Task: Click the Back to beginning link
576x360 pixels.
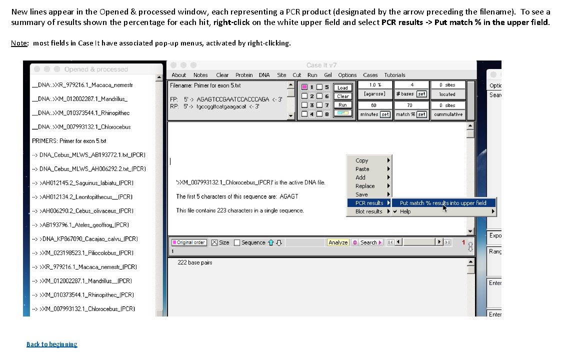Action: (52, 344)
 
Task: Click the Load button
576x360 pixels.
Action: (342, 87)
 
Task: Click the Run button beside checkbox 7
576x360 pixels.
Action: (342, 105)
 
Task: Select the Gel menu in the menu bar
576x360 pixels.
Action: (328, 75)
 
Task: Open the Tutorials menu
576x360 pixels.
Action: (394, 75)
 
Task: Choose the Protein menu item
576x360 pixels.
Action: (244, 75)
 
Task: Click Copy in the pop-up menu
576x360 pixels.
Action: (362, 160)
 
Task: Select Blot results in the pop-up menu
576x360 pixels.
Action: (368, 211)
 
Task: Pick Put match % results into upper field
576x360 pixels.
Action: (443, 203)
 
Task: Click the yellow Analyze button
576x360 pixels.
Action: (338, 242)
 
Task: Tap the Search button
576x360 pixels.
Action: (368, 242)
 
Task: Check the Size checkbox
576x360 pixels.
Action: (215, 242)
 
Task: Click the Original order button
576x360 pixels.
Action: (188, 242)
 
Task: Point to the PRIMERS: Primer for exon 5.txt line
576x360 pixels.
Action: (69, 141)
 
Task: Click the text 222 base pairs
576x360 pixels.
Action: (195, 262)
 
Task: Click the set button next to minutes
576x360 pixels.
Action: (385, 114)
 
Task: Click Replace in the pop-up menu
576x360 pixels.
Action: (365, 186)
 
